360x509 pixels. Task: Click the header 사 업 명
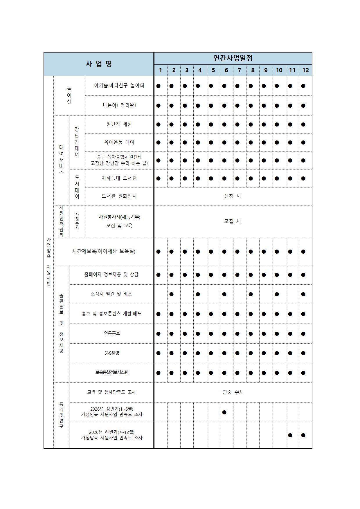pyautogui.click(x=99, y=64)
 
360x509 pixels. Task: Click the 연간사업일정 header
pyautogui.click(x=233, y=58)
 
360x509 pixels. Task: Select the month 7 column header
pyautogui.click(x=240, y=70)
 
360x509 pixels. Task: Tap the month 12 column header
pyautogui.click(x=305, y=70)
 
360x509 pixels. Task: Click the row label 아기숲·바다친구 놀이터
pyautogui.click(x=119, y=86)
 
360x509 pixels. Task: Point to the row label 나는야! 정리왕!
pyautogui.click(x=119, y=105)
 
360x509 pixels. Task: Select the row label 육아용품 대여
pyautogui.click(x=119, y=142)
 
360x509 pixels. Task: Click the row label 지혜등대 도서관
pyautogui.click(x=119, y=178)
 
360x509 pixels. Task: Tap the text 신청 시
pyautogui.click(x=233, y=196)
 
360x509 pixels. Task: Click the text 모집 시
pyautogui.click(x=233, y=221)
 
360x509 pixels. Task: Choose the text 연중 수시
pyautogui.click(x=233, y=392)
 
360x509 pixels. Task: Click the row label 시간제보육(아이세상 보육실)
pyautogui.click(x=104, y=251)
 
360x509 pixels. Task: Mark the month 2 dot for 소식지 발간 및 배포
pyautogui.click(x=171, y=294)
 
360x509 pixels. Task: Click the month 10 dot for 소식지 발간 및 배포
pyautogui.click(x=277, y=294)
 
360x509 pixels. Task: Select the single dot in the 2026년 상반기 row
pyautogui.click(x=224, y=412)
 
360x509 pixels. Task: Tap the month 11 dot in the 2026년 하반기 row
pyautogui.click(x=290, y=435)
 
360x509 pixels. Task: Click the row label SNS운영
pyautogui.click(x=112, y=353)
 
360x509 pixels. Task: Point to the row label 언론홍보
pyautogui.click(x=112, y=333)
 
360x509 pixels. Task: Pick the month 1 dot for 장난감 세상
pyautogui.click(x=158, y=124)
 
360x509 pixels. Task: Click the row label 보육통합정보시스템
pyautogui.click(x=112, y=373)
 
